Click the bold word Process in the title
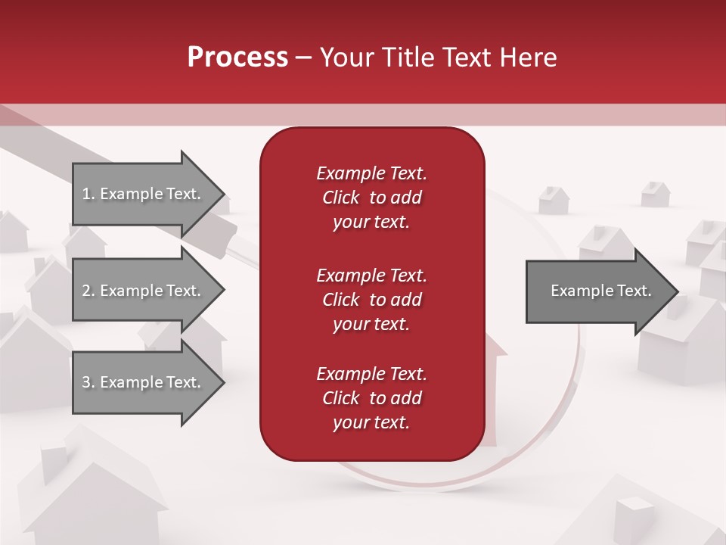(x=237, y=58)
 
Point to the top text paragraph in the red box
(x=371, y=198)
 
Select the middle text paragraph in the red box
(x=371, y=299)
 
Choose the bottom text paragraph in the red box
(x=371, y=398)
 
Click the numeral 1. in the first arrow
(x=88, y=194)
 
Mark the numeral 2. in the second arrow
(x=88, y=291)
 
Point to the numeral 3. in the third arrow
(x=88, y=382)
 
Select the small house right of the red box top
(x=553, y=200)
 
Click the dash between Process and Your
(x=303, y=58)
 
